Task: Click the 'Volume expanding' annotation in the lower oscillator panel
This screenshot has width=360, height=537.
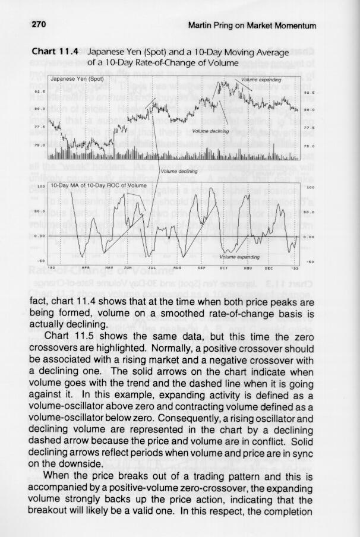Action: [239, 257]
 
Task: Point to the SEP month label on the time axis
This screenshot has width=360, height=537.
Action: [201, 267]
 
